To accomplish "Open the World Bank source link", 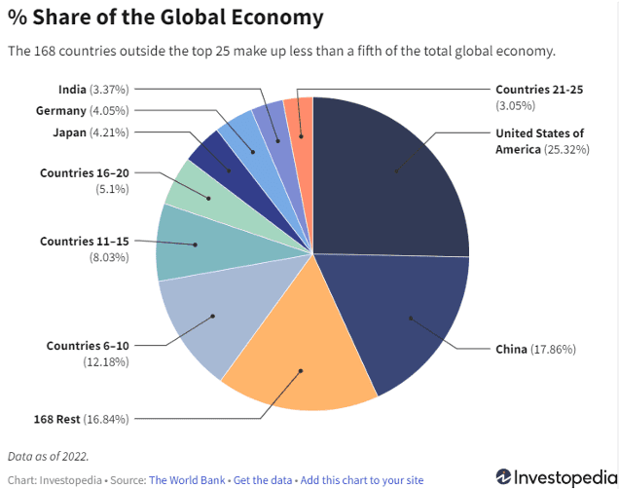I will point(188,479).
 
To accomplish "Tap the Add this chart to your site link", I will point(361,479).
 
